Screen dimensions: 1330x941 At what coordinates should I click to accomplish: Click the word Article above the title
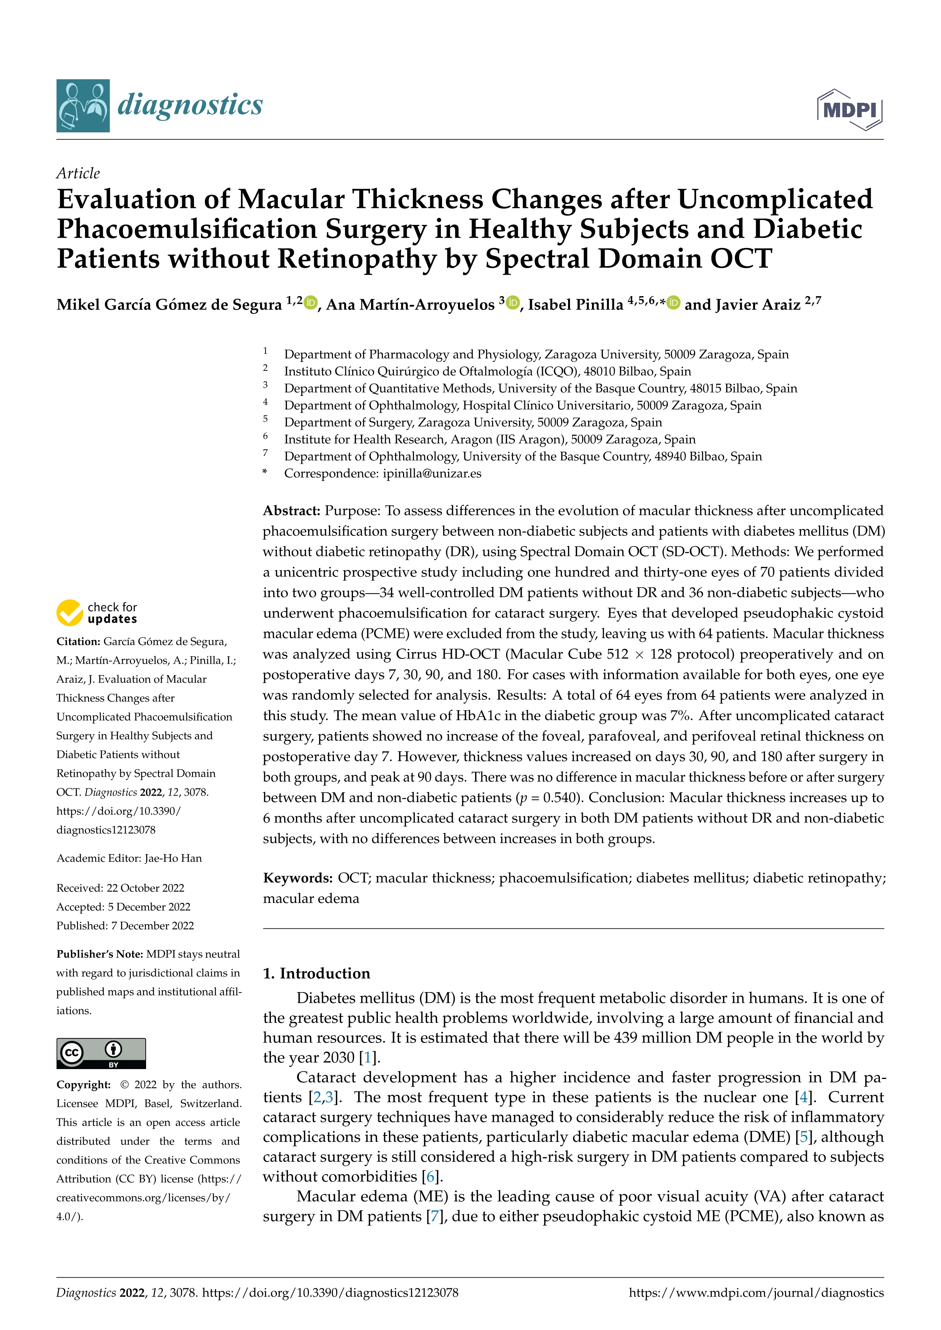(x=78, y=173)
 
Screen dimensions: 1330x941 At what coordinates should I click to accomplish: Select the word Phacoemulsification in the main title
(x=187, y=229)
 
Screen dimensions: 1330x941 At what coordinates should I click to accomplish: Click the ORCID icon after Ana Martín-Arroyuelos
(x=512, y=302)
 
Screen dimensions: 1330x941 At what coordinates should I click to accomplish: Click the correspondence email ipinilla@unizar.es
(x=432, y=473)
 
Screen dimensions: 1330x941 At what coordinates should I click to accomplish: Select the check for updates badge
(x=97, y=612)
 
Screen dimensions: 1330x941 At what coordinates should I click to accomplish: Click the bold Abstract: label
(x=291, y=511)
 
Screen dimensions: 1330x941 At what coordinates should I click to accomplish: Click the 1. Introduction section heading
(x=316, y=973)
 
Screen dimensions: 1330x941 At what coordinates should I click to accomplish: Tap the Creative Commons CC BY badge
(x=101, y=1053)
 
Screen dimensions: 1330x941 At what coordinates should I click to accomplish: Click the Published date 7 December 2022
(x=153, y=926)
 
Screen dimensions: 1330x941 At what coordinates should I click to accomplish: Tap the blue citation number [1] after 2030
(x=367, y=1057)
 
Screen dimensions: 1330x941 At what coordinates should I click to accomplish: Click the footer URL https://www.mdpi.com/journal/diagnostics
(x=756, y=1293)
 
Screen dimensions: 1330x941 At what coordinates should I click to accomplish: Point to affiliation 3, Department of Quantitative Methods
(x=540, y=388)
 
